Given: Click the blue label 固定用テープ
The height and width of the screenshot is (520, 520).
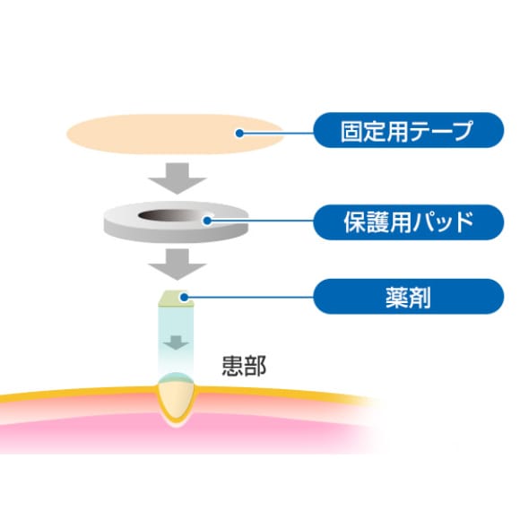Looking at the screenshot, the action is (409, 130).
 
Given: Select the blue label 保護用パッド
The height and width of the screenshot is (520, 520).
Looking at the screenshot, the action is (409, 222).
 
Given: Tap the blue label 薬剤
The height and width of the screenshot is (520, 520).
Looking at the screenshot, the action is (409, 297).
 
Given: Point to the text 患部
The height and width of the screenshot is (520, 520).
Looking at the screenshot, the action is (244, 366).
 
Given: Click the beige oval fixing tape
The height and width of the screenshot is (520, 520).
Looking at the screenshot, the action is (175, 134).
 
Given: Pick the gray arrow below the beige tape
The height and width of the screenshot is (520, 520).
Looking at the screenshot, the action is (178, 178).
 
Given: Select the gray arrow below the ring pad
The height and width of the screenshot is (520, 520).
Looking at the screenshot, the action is (178, 264).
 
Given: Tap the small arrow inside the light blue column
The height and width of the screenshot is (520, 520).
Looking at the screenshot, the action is (176, 342).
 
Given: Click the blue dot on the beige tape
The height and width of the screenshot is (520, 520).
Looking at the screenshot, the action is (239, 134).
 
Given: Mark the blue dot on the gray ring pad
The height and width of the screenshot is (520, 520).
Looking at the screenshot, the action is (207, 221).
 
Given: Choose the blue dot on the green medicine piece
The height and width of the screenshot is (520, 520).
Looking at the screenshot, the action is (184, 297).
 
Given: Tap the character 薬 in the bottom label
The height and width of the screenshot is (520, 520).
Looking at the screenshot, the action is (397, 297).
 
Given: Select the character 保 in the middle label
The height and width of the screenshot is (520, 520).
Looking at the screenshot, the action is (355, 222).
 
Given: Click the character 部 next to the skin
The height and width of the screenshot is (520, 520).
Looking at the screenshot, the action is (256, 366).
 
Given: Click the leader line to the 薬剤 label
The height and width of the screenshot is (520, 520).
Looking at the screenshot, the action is (248, 297).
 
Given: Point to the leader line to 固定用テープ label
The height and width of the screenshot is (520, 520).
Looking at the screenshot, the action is (277, 134).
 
